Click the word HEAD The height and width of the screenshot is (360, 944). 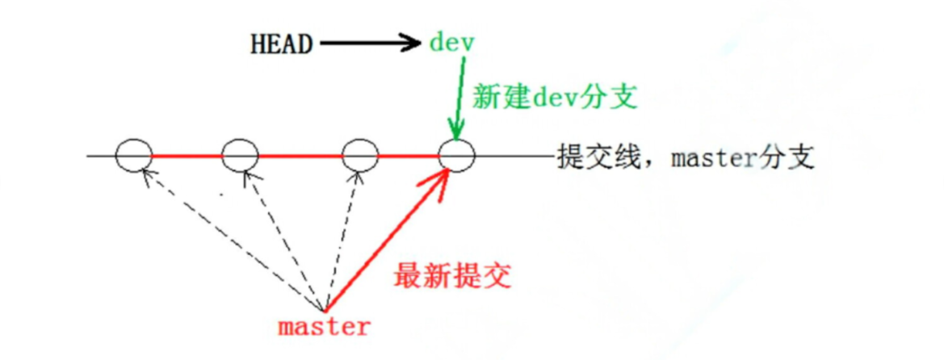pos(279,44)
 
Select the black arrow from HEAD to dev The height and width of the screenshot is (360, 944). pos(368,44)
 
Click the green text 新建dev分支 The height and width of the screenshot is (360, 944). pos(556,97)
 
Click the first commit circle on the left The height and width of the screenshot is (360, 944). pos(133,155)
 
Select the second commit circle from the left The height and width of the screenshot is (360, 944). pos(240,155)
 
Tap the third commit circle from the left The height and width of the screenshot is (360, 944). pos(360,155)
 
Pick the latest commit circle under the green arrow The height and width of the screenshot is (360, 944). pos(456,155)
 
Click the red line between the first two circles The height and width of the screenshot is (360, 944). pos(187,155)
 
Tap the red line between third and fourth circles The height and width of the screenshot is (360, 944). pos(409,155)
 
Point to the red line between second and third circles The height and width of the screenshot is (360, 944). pos(300,155)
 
